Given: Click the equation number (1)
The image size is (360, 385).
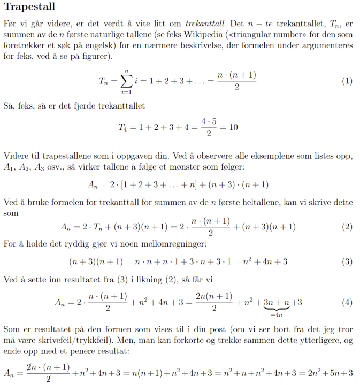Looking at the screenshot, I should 347,82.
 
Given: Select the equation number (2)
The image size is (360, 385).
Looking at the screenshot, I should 347,226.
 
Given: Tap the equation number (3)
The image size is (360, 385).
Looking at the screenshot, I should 347,261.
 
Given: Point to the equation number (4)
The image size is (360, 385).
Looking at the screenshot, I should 347,302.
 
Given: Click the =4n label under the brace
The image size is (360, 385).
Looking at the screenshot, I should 276,315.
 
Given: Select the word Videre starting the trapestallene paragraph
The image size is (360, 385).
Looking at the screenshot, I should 17,156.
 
